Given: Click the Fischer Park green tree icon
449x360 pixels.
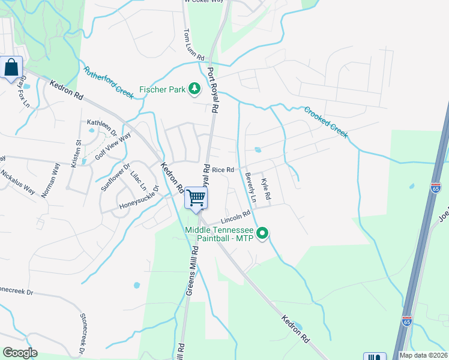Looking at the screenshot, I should coord(194,89).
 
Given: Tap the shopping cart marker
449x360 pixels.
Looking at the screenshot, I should coord(196,197).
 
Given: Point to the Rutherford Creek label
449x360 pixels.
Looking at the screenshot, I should coord(108,83).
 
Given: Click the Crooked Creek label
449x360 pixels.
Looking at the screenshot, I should coord(325,122).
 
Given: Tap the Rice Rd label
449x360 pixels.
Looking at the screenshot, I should coord(222,170).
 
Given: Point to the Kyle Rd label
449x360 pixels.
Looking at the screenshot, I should coord(266,188).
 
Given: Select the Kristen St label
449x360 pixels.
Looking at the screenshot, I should coord(76,154).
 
